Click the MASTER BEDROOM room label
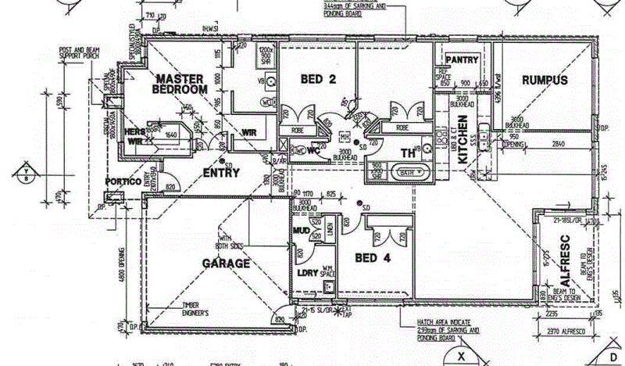[180, 84]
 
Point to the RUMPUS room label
[544, 80]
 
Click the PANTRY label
[462, 59]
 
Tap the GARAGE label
[227, 264]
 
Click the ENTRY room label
[221, 172]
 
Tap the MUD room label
[301, 231]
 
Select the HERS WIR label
[136, 136]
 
